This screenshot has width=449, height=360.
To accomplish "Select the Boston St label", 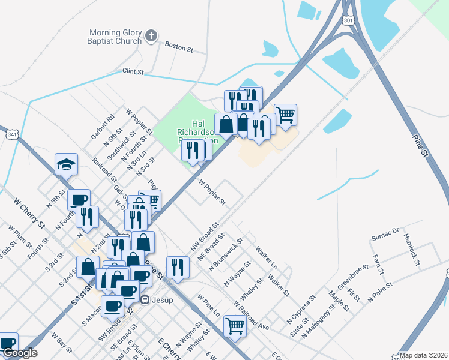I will click(x=178, y=46).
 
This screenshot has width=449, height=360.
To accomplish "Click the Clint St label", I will click(x=133, y=71).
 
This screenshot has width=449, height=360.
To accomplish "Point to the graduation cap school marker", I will click(x=66, y=164).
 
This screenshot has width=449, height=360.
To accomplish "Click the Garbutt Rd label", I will click(x=102, y=127).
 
